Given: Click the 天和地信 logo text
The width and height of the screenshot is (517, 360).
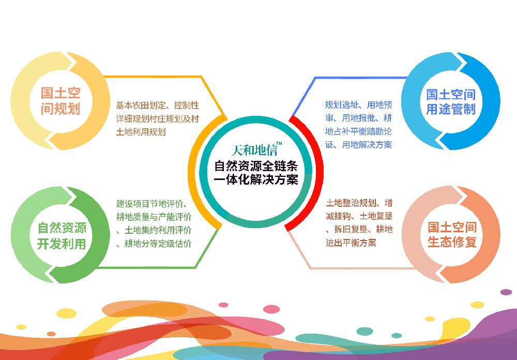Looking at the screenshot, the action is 253,150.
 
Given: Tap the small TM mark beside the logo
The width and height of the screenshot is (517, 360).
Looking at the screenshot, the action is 279,144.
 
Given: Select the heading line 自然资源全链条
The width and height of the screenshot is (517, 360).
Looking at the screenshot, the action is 256,166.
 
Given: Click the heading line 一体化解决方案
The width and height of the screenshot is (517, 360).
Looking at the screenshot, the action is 256,180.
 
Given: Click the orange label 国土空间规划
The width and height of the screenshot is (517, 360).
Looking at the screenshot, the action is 60,101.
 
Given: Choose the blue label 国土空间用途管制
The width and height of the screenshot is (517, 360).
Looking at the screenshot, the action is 451,101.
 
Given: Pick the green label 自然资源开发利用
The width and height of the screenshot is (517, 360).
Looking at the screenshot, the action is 62,236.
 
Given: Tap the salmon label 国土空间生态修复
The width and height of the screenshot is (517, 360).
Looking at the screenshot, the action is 452,235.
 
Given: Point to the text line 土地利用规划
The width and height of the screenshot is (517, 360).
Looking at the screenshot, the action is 141,132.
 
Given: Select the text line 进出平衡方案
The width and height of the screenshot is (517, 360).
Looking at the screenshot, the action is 351,243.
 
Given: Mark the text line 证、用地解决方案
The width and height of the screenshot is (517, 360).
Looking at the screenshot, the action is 358,144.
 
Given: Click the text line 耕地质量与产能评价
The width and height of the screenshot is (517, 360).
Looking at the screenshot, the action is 154,217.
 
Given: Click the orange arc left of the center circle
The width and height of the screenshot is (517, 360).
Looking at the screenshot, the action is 194,172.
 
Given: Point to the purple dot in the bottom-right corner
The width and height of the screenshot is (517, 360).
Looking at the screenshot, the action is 506,292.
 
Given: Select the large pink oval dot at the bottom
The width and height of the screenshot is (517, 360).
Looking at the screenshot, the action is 271,309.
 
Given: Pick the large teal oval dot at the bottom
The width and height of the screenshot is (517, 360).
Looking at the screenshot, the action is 364,331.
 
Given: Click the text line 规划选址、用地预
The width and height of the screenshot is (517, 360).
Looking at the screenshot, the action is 358,105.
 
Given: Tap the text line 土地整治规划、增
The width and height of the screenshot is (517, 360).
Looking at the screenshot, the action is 359,203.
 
